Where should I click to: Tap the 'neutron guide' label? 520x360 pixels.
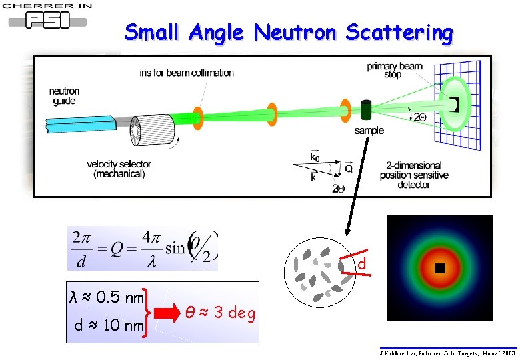pyautogui.click(x=65, y=96)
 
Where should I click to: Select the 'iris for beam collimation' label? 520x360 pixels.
pyautogui.click(x=187, y=72)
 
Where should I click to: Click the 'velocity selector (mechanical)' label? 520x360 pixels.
pyautogui.click(x=119, y=169)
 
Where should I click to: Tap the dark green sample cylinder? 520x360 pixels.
pyautogui.click(x=365, y=110)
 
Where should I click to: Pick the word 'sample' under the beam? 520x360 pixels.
pyautogui.click(x=369, y=131)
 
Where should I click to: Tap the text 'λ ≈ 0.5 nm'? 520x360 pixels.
pyautogui.click(x=107, y=296)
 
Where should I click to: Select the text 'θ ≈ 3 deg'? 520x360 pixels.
pyautogui.click(x=220, y=313)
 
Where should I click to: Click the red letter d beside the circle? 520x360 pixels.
pyautogui.click(x=361, y=265)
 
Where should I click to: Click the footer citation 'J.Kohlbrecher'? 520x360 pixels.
pyautogui.click(x=447, y=353)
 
